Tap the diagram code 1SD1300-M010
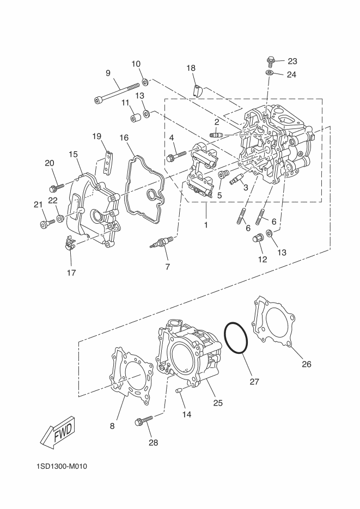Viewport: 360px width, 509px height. pyautogui.click(x=62, y=467)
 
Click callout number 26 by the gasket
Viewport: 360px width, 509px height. pyautogui.click(x=307, y=364)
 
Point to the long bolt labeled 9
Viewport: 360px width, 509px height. pyautogui.click(x=117, y=93)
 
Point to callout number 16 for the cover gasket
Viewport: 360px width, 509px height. pyautogui.click(x=124, y=138)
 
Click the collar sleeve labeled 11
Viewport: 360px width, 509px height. pyautogui.click(x=135, y=117)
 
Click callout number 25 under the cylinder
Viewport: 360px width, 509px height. pyautogui.click(x=218, y=403)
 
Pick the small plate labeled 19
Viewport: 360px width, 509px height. pyautogui.click(x=107, y=162)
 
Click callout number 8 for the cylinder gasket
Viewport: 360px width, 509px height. pyautogui.click(x=112, y=426)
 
